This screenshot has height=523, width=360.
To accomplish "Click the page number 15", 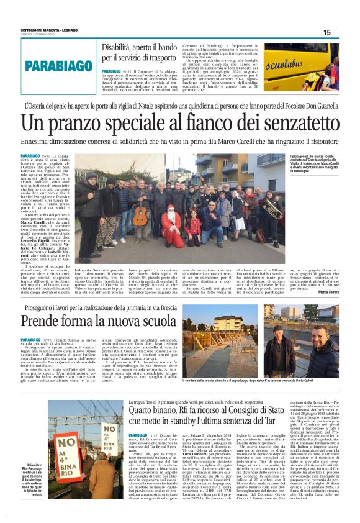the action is point(326,32).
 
